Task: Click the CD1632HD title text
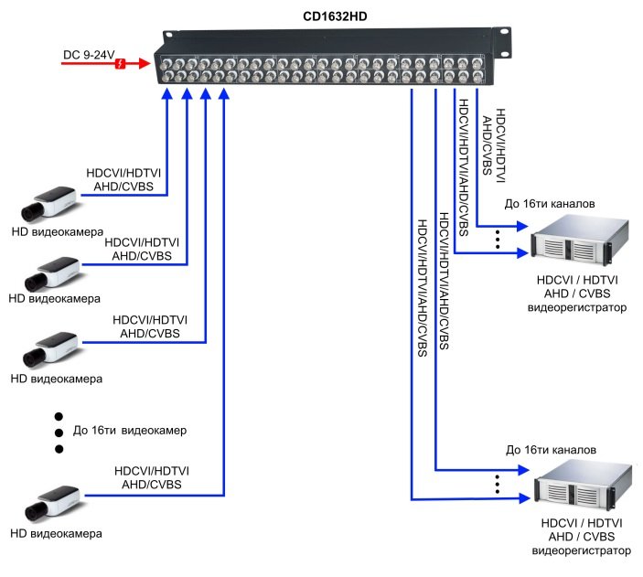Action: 335,16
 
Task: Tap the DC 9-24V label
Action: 89,55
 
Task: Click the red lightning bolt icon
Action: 120,64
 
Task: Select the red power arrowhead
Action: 145,63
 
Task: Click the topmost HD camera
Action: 49,203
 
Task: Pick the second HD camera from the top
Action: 51,273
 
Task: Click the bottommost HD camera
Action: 52,503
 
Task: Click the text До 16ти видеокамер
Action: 130,430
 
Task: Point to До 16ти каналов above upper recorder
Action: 550,203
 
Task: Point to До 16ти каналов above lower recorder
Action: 551,450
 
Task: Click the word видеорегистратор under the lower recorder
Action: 581,550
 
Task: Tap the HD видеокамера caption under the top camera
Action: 58,231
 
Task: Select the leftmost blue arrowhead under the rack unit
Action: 166,93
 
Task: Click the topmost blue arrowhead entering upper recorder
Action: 522,226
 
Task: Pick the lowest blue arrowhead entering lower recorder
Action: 524,498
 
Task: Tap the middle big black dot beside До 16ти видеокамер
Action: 59,433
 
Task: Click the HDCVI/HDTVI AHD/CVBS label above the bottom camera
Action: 151,477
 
